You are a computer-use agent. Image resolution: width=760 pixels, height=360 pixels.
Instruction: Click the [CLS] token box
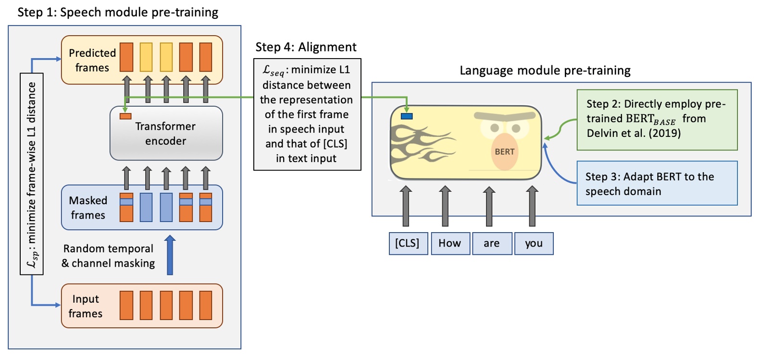tap(408, 244)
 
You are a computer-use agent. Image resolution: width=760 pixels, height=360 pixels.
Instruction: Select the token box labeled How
tap(450, 244)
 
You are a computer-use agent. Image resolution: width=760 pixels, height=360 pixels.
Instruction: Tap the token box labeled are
tap(492, 244)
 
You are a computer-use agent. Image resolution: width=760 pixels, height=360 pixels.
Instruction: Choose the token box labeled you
tap(534, 244)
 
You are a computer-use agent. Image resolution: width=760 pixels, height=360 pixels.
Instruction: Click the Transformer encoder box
tap(166, 134)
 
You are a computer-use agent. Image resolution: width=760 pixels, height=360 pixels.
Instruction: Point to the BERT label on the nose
tap(505, 152)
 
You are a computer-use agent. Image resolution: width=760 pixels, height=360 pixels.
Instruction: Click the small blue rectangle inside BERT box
tap(407, 116)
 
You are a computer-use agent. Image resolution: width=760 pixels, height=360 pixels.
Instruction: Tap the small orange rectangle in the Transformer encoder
tap(125, 116)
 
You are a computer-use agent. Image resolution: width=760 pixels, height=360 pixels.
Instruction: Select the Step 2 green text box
tap(657, 119)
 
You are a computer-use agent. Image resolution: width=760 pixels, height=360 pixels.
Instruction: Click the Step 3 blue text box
tap(657, 184)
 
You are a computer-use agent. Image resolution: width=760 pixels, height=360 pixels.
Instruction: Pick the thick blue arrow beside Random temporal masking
tap(170, 255)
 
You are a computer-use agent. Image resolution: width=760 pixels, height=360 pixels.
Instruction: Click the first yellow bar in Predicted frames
tap(146, 57)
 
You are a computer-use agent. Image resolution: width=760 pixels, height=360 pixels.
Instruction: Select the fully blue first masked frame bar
tap(146, 207)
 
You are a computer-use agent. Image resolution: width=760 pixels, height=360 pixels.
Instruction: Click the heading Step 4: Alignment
tap(306, 47)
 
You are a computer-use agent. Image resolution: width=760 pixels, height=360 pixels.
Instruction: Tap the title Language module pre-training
tap(545, 71)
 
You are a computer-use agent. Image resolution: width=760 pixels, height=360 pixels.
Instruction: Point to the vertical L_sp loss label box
tap(32, 174)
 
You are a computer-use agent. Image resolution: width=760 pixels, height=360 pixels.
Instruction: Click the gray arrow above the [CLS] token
tap(406, 206)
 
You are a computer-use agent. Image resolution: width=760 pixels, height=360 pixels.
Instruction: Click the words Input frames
tap(86, 306)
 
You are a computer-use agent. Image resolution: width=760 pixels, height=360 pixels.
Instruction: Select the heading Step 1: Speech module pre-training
tap(118, 12)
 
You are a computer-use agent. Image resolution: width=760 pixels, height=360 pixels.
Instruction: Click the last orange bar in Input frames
tap(206, 305)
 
